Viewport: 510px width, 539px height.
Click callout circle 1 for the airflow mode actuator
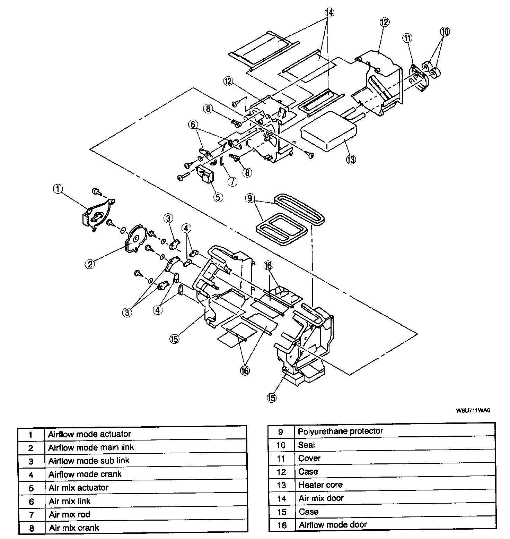point(58,189)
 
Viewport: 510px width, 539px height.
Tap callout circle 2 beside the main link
point(90,264)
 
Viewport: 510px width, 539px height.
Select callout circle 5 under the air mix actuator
point(218,197)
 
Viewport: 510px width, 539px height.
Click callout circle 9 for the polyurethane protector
point(250,199)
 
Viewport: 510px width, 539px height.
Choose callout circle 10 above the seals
point(445,32)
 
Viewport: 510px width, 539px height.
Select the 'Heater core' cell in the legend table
point(320,485)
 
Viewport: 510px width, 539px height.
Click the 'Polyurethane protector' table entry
point(341,431)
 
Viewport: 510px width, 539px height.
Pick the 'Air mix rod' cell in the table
point(70,514)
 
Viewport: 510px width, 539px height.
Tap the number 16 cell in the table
point(282,525)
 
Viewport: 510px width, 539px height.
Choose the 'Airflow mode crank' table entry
point(85,474)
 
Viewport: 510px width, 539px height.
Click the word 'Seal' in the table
point(306,445)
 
